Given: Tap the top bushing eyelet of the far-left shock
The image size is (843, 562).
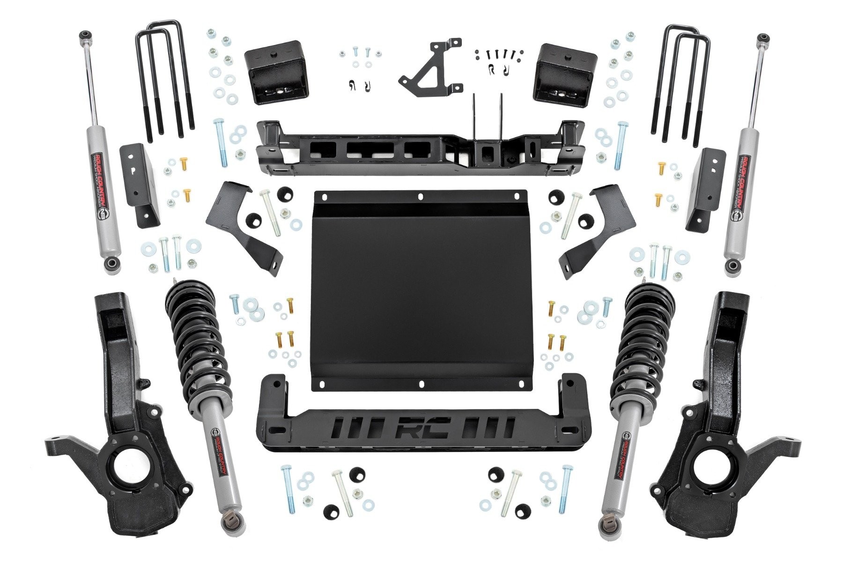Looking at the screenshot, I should coord(85,36).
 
